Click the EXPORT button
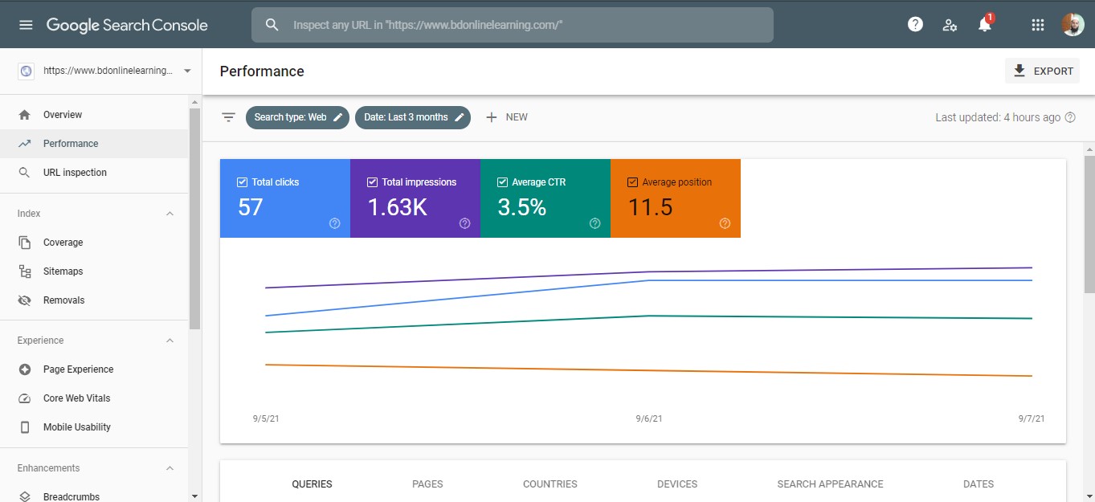(1042, 71)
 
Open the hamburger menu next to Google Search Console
(26, 25)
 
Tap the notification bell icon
(984, 25)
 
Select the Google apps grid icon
(1037, 25)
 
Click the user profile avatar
(1073, 25)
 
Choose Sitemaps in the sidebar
(63, 271)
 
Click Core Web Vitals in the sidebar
(76, 398)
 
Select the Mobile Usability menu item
(76, 427)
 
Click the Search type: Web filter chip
(297, 117)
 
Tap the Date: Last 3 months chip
(413, 117)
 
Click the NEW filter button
(507, 117)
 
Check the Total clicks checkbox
(242, 182)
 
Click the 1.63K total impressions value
(397, 207)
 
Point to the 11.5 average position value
(650, 207)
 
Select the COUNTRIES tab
(550, 484)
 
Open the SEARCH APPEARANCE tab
(830, 484)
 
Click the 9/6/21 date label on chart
(648, 419)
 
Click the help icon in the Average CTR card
(594, 223)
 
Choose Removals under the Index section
(63, 300)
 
